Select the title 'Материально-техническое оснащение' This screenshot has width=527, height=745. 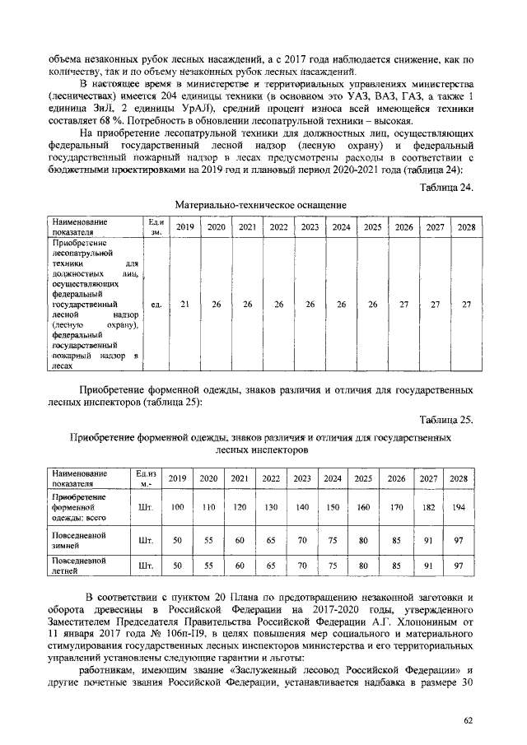click(x=261, y=204)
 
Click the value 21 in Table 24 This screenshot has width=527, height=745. click(x=185, y=304)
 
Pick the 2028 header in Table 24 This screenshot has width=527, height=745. click(x=466, y=226)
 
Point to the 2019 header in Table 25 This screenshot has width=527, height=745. click(x=177, y=478)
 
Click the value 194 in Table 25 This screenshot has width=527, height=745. click(x=459, y=508)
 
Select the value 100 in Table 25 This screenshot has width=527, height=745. click(x=177, y=508)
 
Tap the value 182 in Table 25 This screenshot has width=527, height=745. click(x=429, y=508)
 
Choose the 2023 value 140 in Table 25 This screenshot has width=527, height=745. click(x=302, y=508)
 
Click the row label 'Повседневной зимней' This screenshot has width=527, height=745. click(x=79, y=539)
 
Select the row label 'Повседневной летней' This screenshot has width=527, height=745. click(x=79, y=566)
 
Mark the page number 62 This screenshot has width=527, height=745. click(x=468, y=720)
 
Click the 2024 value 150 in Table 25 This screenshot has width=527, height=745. click(x=333, y=508)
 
